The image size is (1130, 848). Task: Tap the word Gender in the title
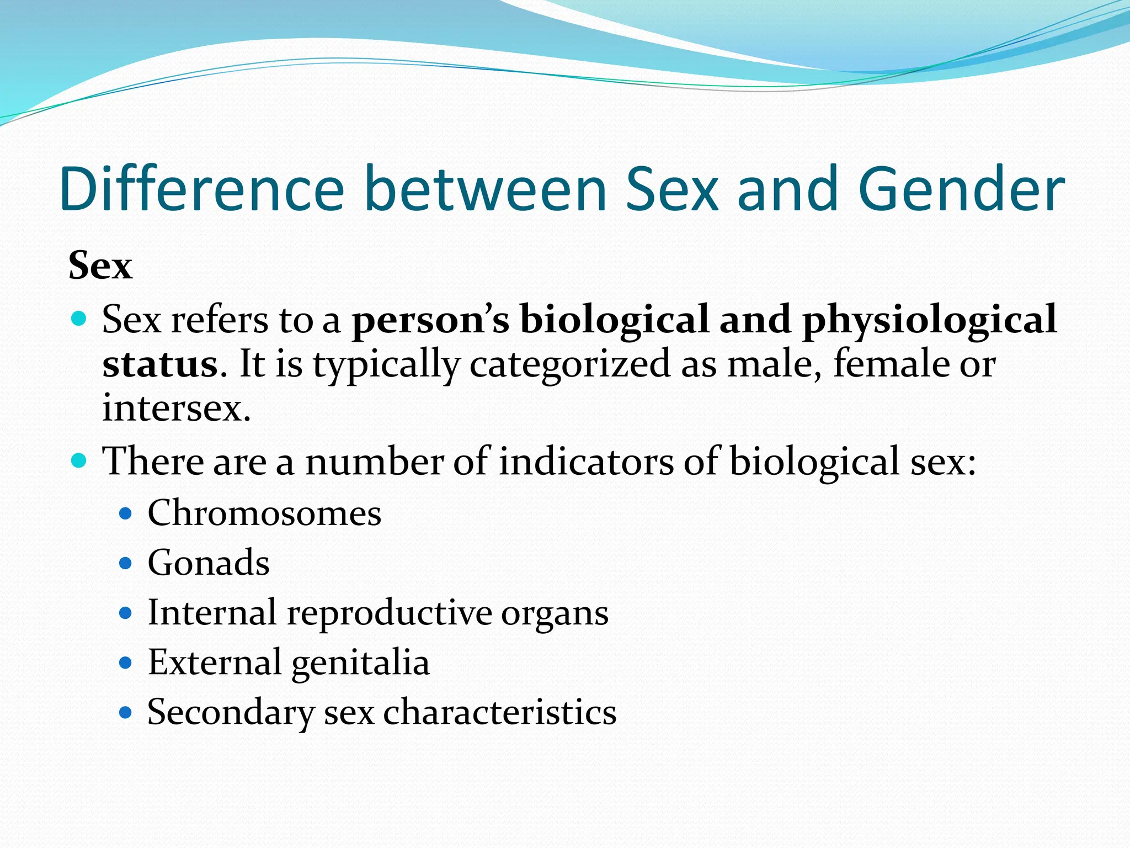(961, 189)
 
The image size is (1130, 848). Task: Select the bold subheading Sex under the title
(100, 266)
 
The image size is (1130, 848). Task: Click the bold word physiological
(929, 320)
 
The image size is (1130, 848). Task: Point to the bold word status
(160, 364)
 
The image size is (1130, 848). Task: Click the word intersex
(175, 409)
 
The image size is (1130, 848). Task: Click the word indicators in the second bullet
(586, 462)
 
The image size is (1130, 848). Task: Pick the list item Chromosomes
(264, 513)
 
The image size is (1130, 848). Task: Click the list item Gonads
(209, 563)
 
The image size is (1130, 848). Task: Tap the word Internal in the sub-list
(212, 613)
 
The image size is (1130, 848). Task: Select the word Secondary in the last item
(231, 712)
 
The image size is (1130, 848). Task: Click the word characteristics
(499, 712)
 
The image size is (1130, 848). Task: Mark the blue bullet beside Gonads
(126, 564)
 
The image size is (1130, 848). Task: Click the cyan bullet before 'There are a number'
(79, 460)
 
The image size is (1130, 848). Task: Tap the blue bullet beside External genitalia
(126, 662)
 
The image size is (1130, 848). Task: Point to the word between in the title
(486, 189)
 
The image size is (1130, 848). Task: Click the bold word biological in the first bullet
(614, 320)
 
